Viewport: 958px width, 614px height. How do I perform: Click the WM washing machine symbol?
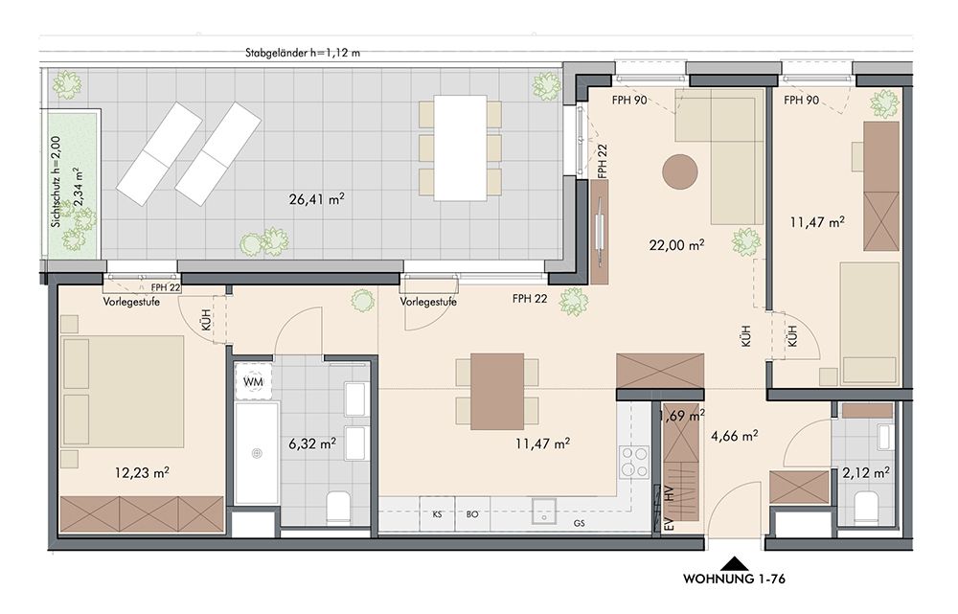click(254, 381)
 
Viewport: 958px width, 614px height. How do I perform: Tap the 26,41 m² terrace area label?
click(316, 198)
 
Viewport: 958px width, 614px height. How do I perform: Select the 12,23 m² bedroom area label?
click(142, 472)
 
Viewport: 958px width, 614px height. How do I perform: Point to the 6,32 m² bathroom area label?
click(311, 443)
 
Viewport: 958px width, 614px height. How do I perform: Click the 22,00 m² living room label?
click(676, 245)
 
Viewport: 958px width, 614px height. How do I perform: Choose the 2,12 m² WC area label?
click(866, 472)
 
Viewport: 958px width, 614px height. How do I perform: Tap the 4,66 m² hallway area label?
click(735, 436)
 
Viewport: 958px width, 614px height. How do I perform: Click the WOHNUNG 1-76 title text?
click(734, 579)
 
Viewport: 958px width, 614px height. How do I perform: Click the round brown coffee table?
click(680, 171)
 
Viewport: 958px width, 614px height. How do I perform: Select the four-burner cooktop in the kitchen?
click(634, 462)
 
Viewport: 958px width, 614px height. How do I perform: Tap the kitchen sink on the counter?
click(543, 511)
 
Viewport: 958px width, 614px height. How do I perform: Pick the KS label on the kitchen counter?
click(438, 514)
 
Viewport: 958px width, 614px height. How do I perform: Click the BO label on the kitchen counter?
click(472, 514)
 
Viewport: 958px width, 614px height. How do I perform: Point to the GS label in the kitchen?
click(580, 523)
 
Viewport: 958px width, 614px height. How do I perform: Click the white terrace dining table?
click(461, 148)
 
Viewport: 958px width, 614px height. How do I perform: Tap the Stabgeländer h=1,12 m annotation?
click(303, 53)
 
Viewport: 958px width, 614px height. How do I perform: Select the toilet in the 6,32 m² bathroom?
click(338, 507)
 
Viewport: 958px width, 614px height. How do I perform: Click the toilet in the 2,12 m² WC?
click(865, 509)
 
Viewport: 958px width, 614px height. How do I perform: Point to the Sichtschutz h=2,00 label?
click(56, 181)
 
